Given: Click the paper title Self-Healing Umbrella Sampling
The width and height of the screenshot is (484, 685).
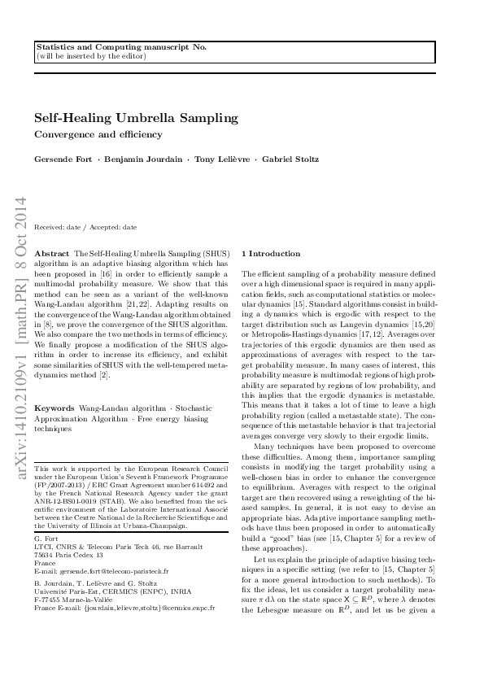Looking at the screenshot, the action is pyautogui.click(x=137, y=118).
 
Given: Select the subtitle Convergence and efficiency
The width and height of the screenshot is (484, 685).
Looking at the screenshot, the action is pyautogui.click(x=98, y=134).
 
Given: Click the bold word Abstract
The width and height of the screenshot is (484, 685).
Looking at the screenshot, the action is pyautogui.click(x=54, y=254).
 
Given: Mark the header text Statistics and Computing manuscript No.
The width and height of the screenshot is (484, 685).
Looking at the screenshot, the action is pyautogui.click(x=122, y=48).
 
